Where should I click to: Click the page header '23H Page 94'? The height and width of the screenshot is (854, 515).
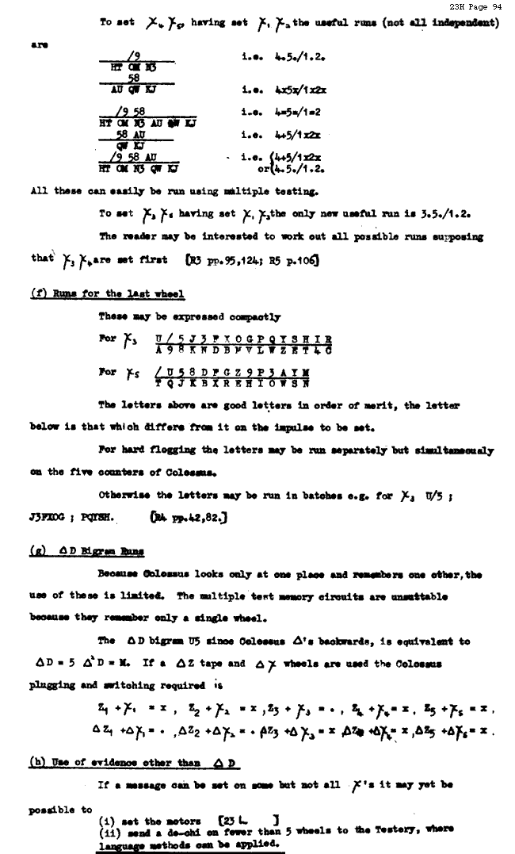pyautogui.click(x=479, y=6)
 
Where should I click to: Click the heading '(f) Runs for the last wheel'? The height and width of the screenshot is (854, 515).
pyautogui.click(x=107, y=294)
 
